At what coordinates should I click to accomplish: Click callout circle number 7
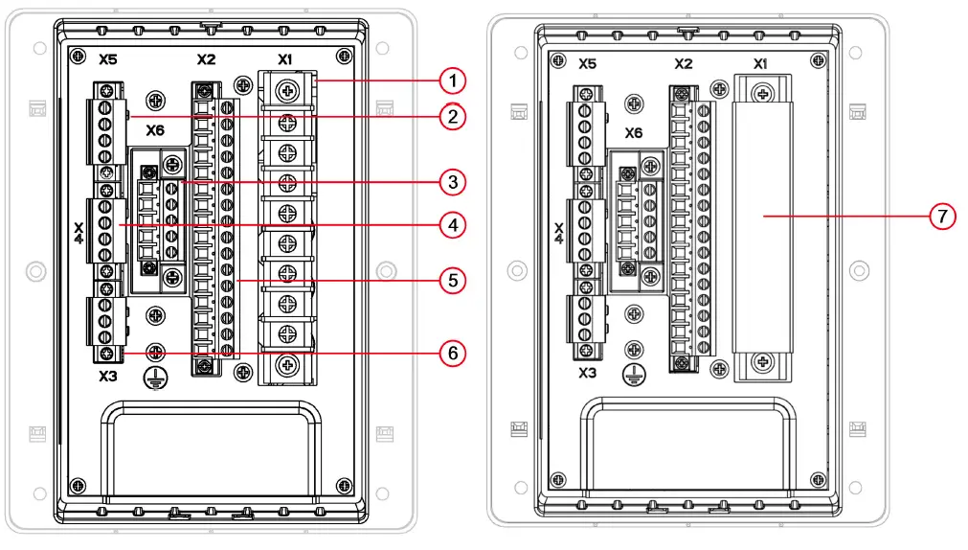tap(942, 217)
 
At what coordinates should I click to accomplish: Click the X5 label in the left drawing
tap(108, 58)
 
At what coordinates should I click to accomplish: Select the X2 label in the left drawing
tap(206, 58)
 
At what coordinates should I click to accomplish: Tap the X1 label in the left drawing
tap(284, 58)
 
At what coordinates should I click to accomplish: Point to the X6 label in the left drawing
tap(156, 129)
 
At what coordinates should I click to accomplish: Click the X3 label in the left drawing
tap(108, 377)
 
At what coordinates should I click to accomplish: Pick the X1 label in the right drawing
tap(760, 64)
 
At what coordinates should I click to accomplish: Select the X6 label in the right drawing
tap(634, 133)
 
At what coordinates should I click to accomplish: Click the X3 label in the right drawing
tap(587, 372)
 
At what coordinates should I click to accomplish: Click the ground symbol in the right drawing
tap(631, 375)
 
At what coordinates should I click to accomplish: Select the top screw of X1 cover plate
tap(762, 93)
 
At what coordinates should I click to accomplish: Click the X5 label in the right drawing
tap(587, 64)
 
